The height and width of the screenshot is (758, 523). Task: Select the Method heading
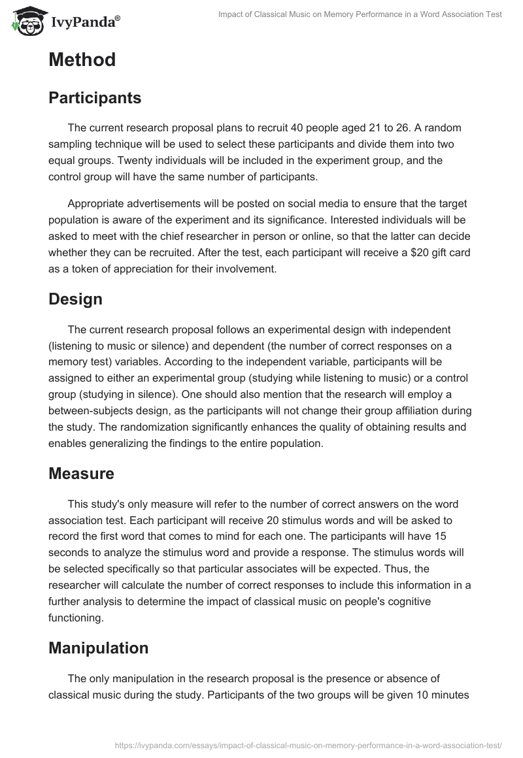(x=82, y=60)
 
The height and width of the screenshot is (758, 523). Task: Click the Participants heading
(x=95, y=98)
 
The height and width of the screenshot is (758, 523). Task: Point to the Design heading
(x=75, y=299)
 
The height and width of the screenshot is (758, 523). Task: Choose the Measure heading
(x=81, y=474)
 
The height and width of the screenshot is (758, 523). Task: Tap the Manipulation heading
(x=98, y=648)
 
